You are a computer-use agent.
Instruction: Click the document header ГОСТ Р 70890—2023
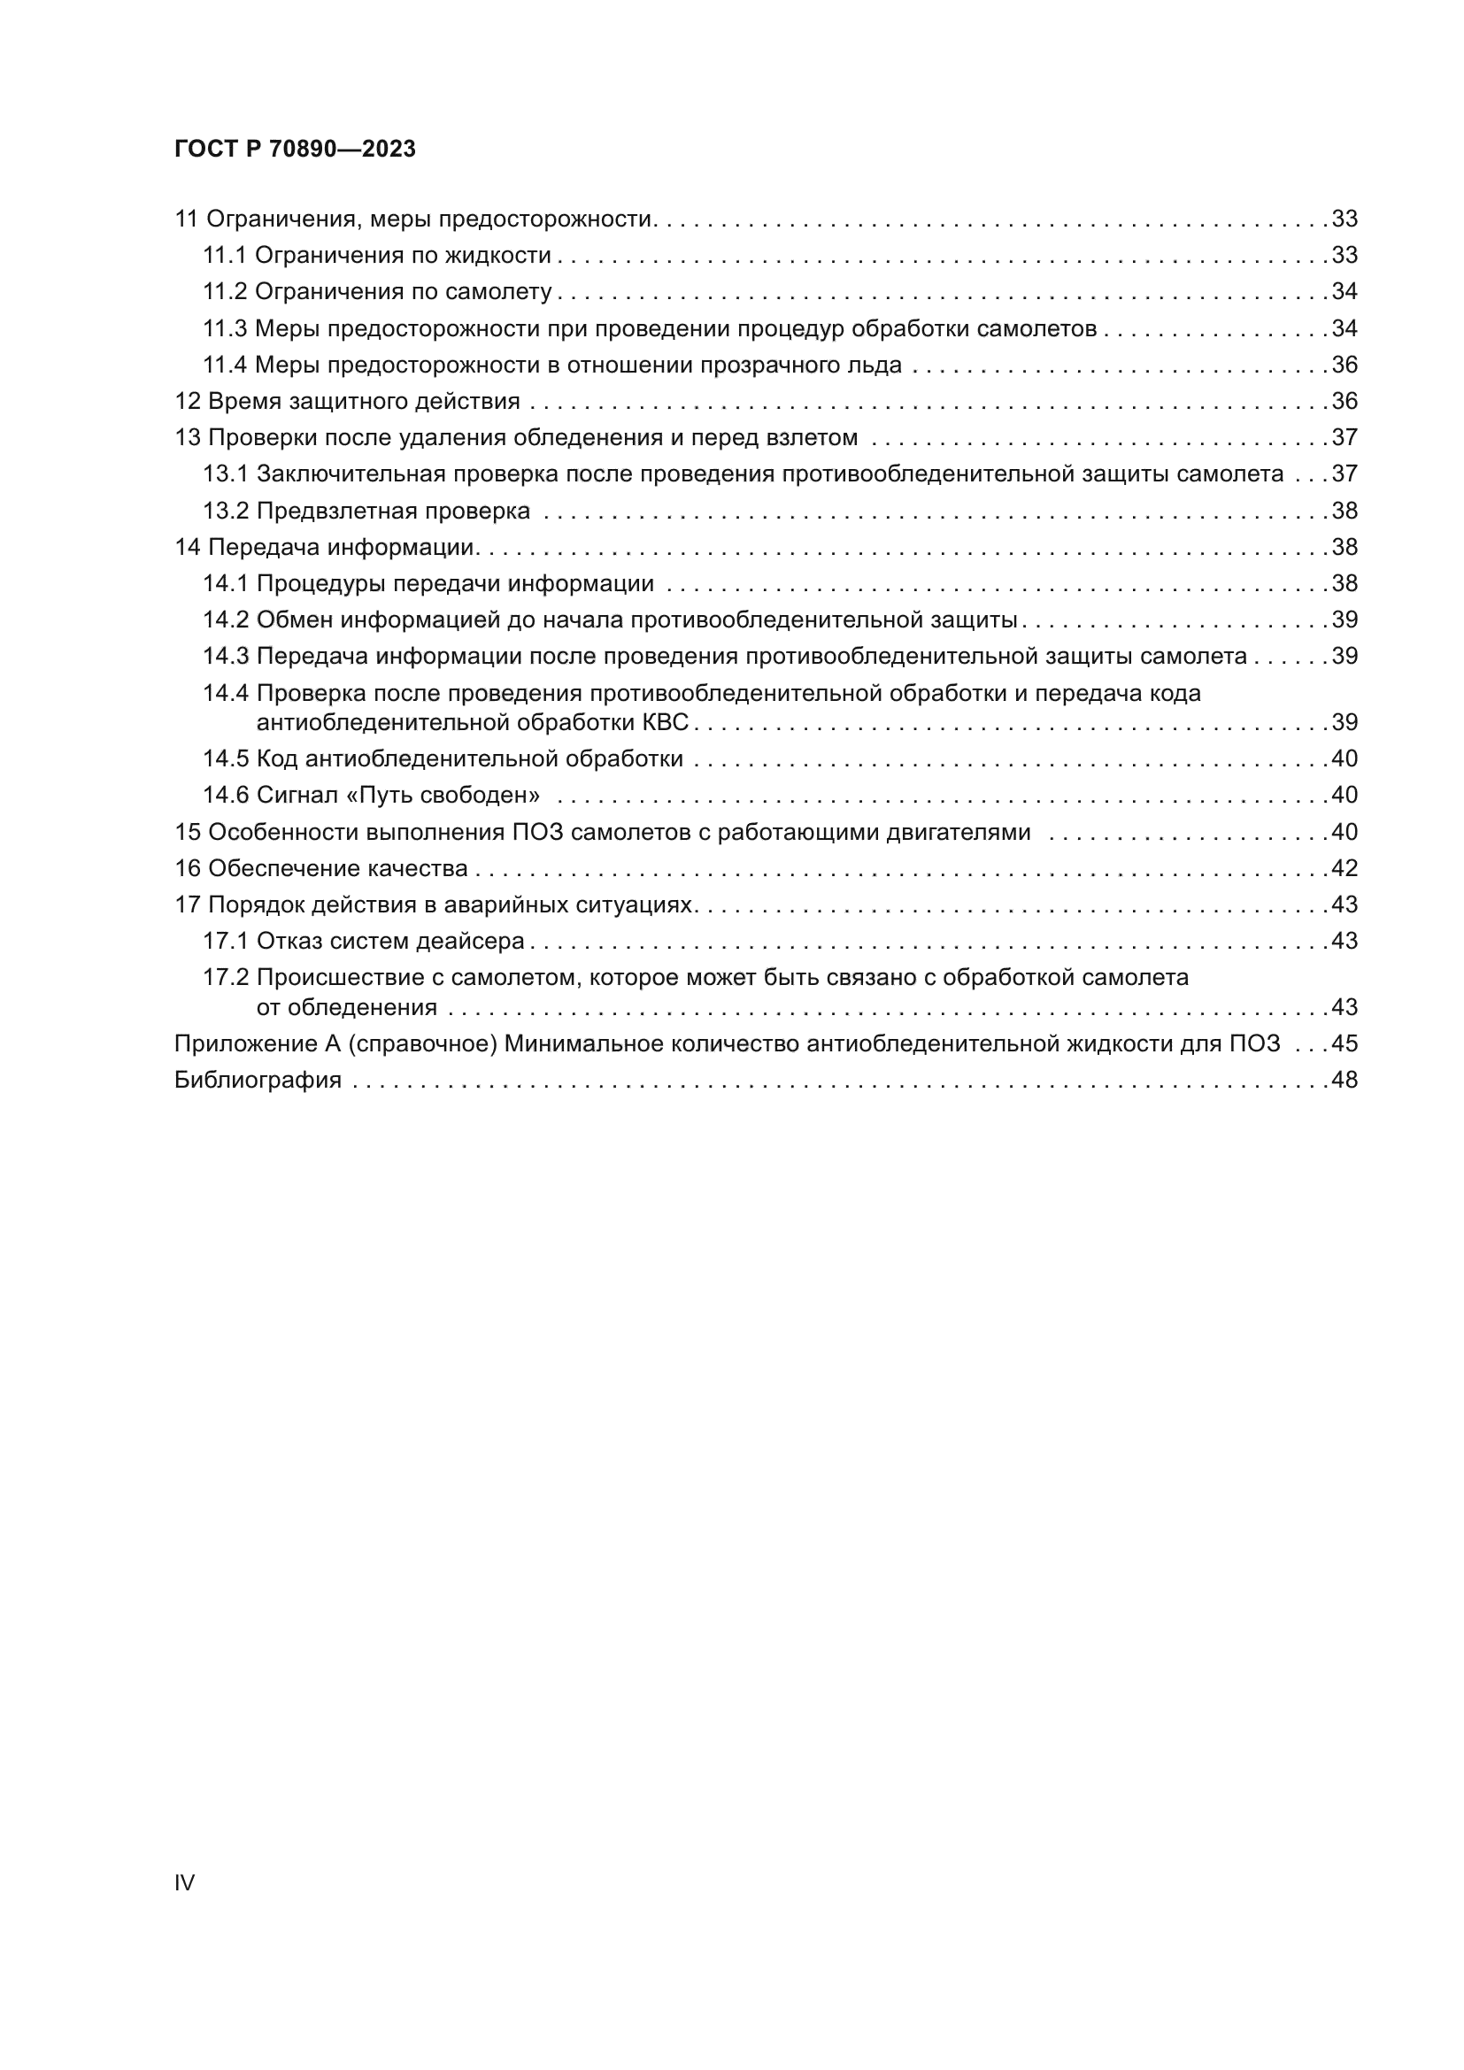pyautogui.click(x=295, y=150)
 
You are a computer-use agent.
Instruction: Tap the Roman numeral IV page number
pyautogui.click(x=184, y=1882)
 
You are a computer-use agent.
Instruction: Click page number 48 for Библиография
pyautogui.click(x=1345, y=1080)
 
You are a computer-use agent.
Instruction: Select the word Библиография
pyautogui.click(x=258, y=1080)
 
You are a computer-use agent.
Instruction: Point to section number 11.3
pyautogui.click(x=225, y=329)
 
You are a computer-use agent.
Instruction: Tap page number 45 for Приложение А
pyautogui.click(x=1345, y=1044)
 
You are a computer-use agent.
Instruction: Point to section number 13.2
pyautogui.click(x=226, y=512)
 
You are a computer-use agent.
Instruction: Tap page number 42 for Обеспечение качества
pyautogui.click(x=1345, y=868)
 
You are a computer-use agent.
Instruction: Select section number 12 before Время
pyautogui.click(x=187, y=401)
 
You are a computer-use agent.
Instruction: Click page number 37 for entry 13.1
pyautogui.click(x=1345, y=474)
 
